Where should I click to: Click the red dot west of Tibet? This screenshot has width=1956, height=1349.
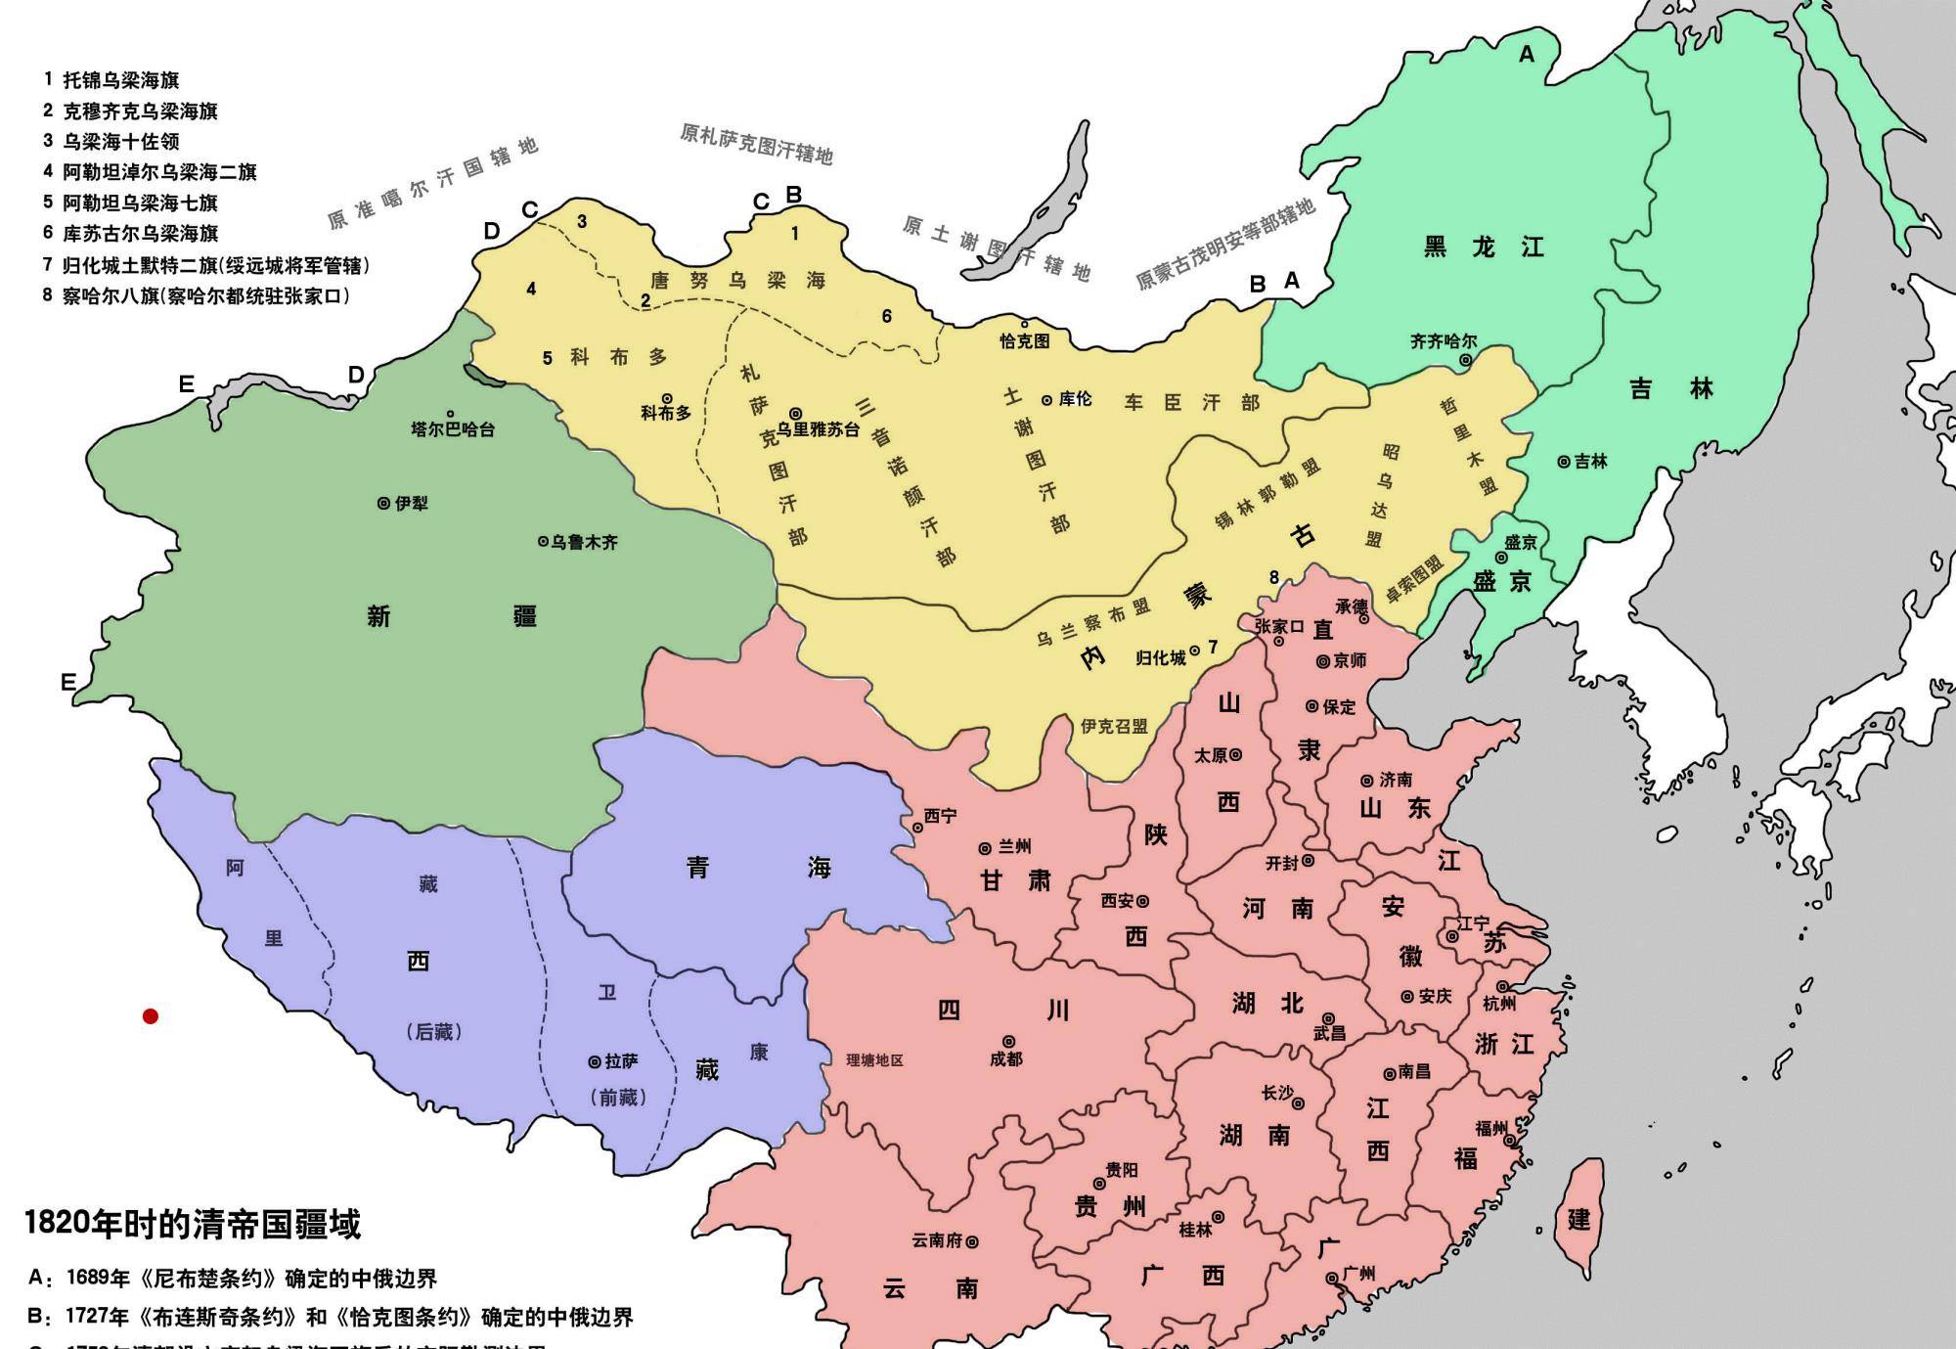[x=151, y=1016]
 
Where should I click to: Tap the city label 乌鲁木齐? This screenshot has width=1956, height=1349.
[x=583, y=542]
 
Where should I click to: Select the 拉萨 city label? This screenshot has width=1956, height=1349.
[x=620, y=1061]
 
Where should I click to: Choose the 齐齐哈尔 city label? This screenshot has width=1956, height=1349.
[x=1443, y=341]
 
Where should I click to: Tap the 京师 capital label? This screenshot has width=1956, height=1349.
[x=1349, y=661]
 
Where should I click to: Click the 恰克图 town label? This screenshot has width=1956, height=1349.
[x=1024, y=340]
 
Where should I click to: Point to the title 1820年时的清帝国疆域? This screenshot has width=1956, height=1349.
[x=192, y=1224]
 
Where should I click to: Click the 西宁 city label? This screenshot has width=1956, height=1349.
[x=939, y=816]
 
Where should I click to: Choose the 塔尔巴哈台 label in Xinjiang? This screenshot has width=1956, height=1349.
[x=453, y=429]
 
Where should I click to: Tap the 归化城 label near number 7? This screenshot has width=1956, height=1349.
[x=1160, y=658]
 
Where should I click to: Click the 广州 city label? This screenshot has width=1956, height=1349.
[x=1358, y=1274]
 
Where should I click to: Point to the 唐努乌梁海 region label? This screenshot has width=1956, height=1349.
[x=738, y=281]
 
